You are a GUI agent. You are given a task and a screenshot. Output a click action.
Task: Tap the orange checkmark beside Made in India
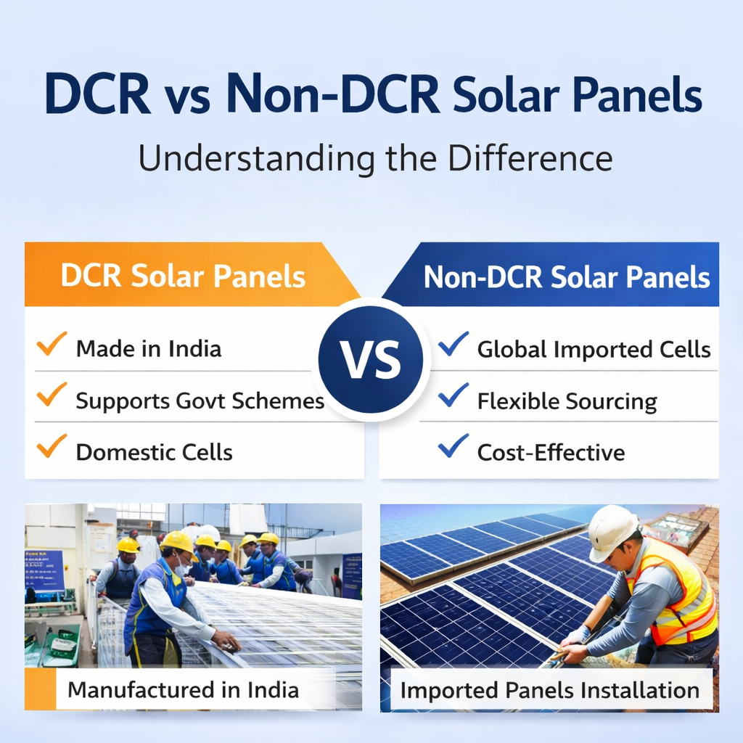pos(52,343)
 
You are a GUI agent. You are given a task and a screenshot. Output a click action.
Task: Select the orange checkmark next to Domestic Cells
pos(52,446)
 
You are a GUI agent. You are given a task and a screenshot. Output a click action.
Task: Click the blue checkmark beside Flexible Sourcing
pos(453,395)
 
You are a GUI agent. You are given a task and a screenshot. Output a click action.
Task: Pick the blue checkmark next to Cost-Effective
pos(453,446)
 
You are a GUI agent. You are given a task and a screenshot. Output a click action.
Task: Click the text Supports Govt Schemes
pos(200,401)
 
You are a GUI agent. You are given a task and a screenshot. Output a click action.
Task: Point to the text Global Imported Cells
pos(594,350)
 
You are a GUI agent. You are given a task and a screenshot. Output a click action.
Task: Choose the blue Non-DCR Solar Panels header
pos(566,276)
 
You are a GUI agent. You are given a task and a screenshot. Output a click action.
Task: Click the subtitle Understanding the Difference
pos(375,158)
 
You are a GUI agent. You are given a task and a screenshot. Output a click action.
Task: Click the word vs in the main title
pos(187,96)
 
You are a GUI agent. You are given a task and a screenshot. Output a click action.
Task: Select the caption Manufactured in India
pos(183,689)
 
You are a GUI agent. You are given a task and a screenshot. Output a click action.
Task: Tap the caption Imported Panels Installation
pos(549,689)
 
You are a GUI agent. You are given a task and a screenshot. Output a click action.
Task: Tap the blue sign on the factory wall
pos(44,570)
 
